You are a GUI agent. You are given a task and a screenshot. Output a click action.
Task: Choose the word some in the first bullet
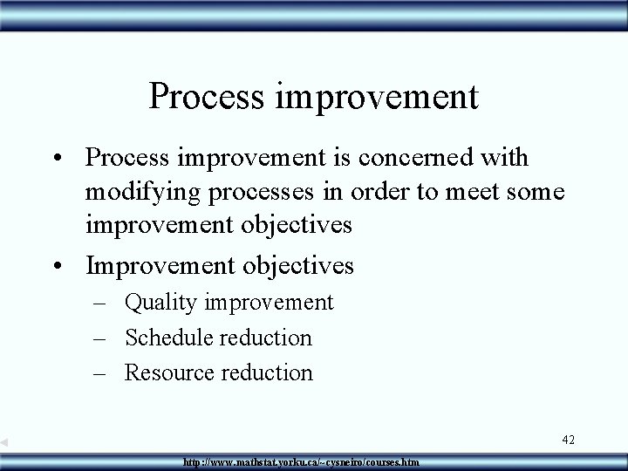(535, 191)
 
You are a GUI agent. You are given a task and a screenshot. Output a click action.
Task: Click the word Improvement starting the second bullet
(160, 264)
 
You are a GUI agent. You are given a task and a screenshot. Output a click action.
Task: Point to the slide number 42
(568, 440)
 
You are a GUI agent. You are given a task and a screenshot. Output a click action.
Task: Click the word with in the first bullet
(509, 158)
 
